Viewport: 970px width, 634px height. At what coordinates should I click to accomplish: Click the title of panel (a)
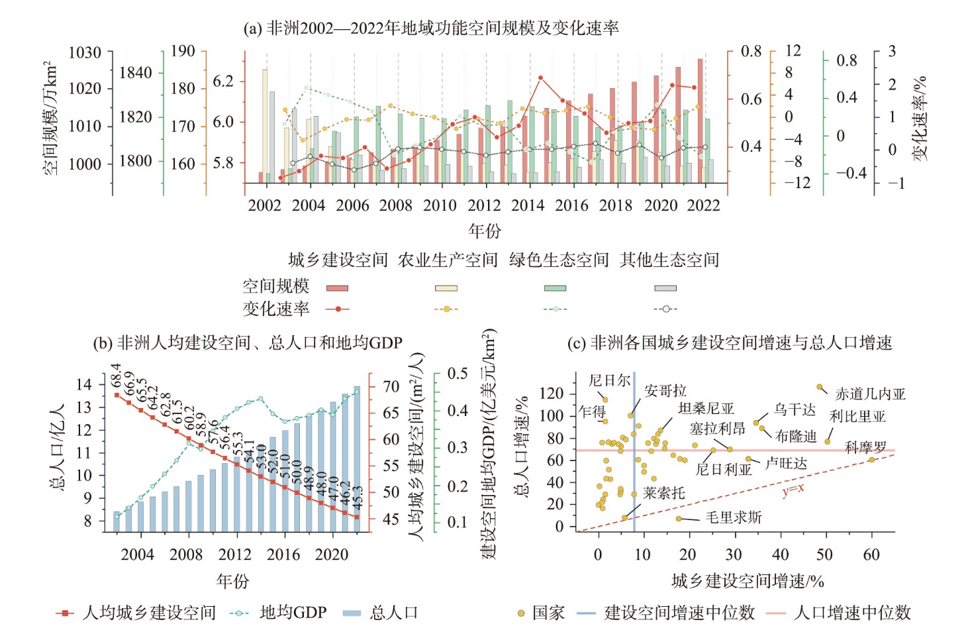pos(431,28)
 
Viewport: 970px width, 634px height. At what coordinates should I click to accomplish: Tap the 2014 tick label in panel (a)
pos(528,205)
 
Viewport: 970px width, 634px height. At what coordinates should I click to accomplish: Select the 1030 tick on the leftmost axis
pos(85,52)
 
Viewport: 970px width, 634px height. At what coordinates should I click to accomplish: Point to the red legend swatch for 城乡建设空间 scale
pos(337,288)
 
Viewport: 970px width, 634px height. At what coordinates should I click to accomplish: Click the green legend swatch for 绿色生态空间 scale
pos(555,288)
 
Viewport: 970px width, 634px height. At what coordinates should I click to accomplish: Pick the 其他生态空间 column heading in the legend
pos(669,260)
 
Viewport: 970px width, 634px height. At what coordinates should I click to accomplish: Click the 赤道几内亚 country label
pos(870,394)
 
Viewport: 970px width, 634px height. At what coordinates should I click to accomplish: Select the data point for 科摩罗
pos(872,459)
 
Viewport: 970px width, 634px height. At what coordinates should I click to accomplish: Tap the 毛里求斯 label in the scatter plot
pos(734,517)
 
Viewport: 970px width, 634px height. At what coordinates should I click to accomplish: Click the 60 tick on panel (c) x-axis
pos(871,555)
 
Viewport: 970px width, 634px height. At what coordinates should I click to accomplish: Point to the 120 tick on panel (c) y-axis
pos(551,394)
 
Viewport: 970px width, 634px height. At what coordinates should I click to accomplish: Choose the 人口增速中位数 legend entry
pos(852,613)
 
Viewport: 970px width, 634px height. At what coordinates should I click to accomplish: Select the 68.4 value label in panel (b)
pos(117,376)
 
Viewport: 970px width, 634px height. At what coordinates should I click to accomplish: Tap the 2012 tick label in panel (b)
pos(234,555)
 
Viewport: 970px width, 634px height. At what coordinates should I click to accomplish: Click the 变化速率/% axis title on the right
pos(920,118)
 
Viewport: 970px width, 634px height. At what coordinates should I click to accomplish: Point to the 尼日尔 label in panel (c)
pos(609,380)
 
